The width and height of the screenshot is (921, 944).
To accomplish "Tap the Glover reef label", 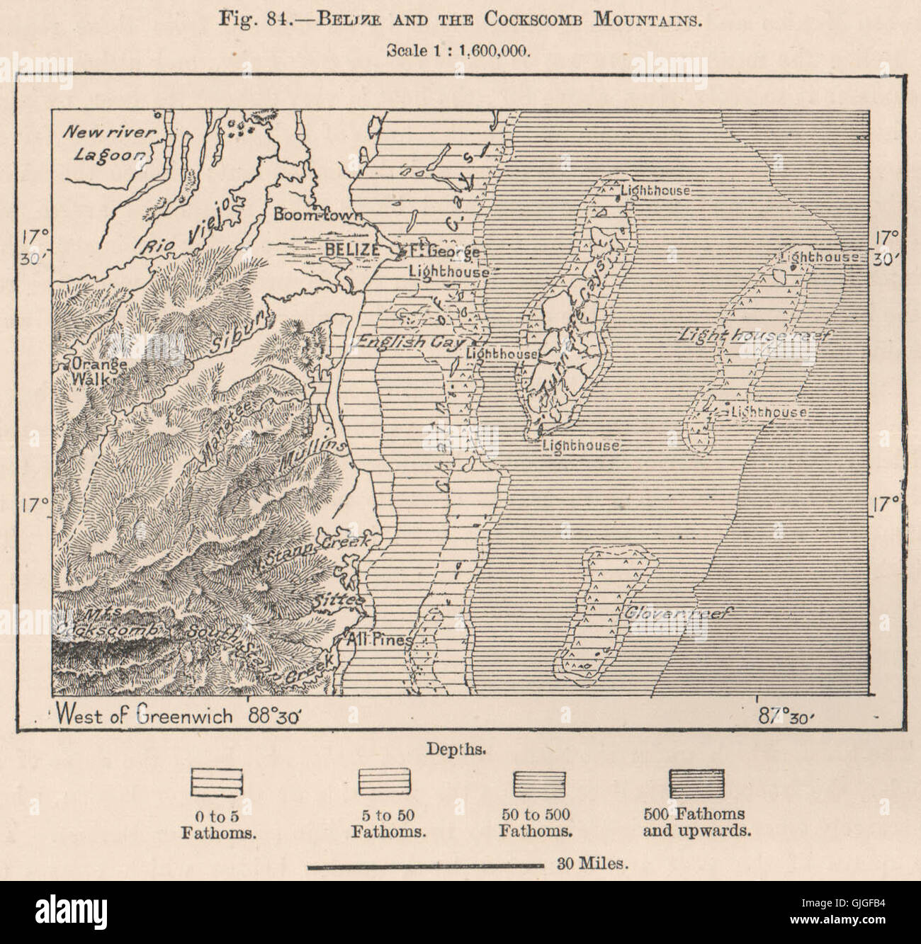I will pos(677,614).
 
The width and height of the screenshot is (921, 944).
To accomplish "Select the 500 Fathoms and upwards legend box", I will pos(696,783).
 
